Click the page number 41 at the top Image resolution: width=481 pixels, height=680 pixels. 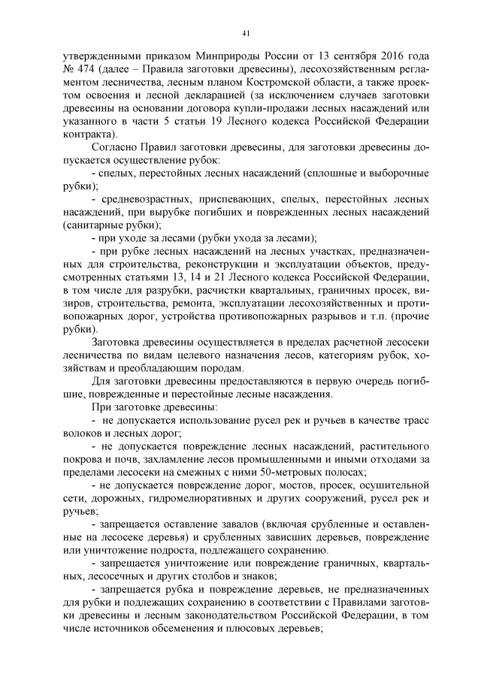[246, 32]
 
